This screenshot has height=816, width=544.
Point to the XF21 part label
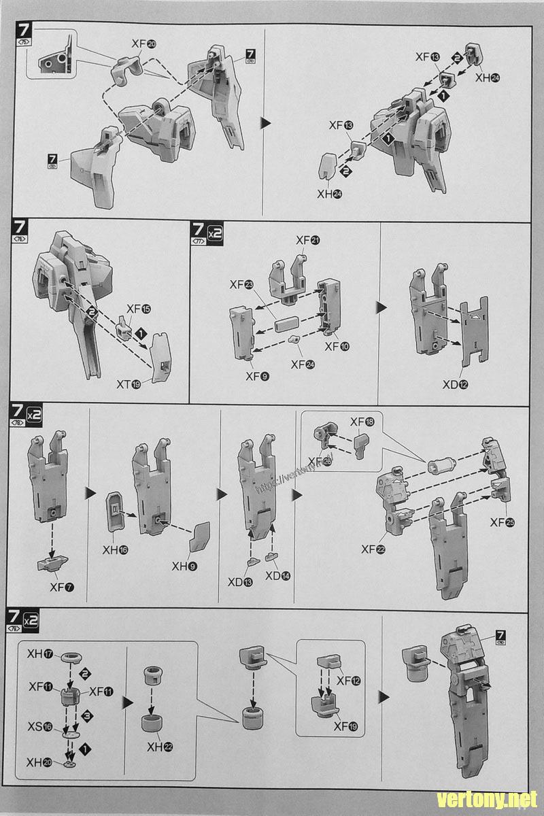[x=308, y=240]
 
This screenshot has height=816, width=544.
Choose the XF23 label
[x=241, y=286]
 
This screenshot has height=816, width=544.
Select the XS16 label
[x=40, y=727]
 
